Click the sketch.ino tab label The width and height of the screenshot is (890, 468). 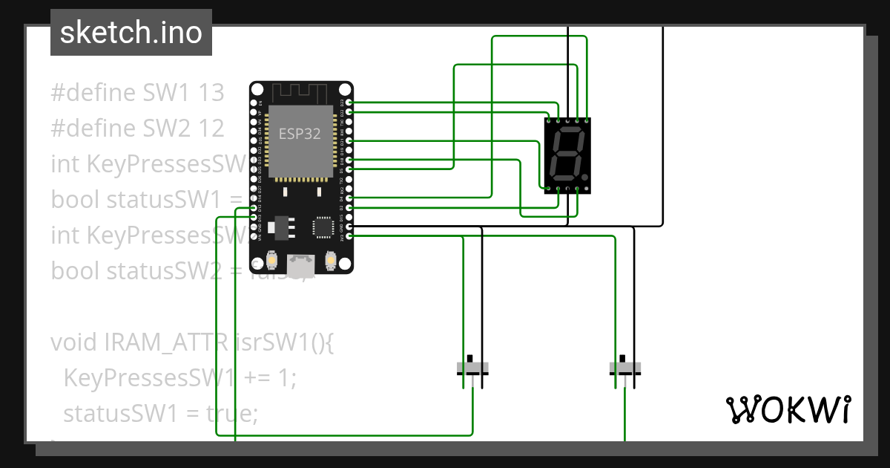coord(131,33)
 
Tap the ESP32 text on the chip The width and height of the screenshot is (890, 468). coord(300,134)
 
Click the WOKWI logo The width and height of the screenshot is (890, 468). coord(787,409)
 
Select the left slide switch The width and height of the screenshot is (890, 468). coord(472,368)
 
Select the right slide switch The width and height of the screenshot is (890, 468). coord(625,368)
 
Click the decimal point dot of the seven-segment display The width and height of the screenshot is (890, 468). coord(585,178)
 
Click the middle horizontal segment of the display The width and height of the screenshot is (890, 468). coord(566,154)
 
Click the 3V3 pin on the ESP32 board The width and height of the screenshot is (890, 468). coord(349,235)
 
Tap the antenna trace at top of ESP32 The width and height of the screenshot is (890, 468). coord(300,94)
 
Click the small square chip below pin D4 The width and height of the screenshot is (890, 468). coord(323,227)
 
